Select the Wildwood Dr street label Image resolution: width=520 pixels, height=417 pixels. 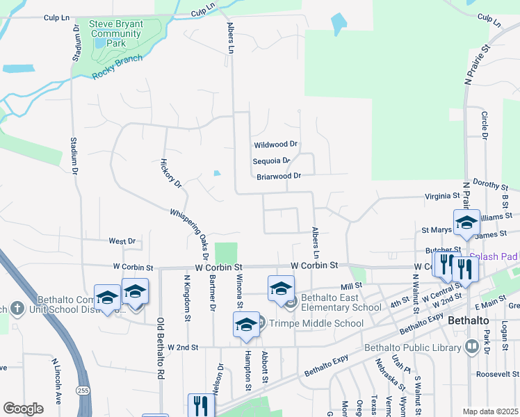click(275, 145)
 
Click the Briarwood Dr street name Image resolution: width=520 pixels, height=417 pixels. click(278, 177)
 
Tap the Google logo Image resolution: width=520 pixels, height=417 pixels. click(23, 408)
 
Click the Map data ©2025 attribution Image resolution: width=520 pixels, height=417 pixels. click(491, 411)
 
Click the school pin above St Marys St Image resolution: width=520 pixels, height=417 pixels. click(466, 222)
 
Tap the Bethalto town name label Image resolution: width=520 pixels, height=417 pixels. click(473, 322)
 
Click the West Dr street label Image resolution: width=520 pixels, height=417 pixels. click(122, 241)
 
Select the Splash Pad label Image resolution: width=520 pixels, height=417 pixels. click(498, 256)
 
